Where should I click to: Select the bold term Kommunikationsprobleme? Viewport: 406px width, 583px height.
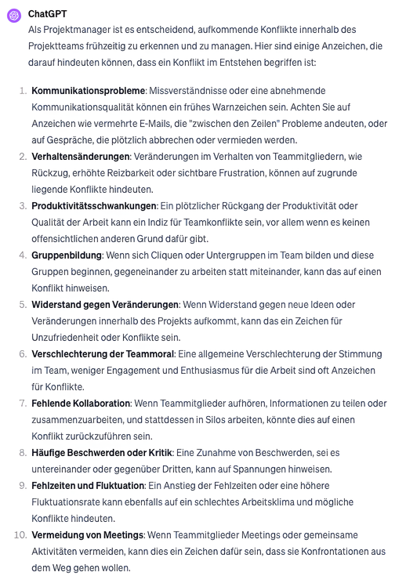pyautogui.click(x=89, y=91)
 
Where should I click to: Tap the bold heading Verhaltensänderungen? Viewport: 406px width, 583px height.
pyautogui.click(x=81, y=158)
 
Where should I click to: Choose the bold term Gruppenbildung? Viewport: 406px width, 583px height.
pyautogui.click(x=67, y=255)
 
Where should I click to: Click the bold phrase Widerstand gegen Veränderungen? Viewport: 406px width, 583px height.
pyautogui.click(x=106, y=304)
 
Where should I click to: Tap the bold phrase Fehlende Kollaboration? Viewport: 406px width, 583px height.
pyautogui.click(x=82, y=403)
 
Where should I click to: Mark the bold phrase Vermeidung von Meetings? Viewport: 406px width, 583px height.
pyautogui.click(x=88, y=534)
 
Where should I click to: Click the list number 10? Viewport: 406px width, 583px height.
pyautogui.click(x=19, y=534)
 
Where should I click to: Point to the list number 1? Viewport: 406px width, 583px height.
pyautogui.click(x=22, y=91)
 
